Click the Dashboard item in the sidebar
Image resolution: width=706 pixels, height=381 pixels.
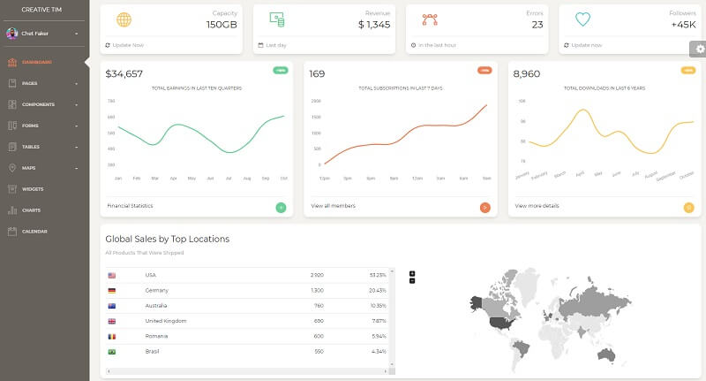[x=37, y=62]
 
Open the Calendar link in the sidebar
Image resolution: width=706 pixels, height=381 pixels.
[x=34, y=232]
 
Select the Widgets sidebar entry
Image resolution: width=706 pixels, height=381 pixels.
[x=33, y=189]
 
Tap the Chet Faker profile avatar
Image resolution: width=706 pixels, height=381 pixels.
[x=11, y=34]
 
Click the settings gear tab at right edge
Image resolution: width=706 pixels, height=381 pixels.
[x=697, y=49]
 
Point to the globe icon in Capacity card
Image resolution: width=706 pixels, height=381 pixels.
[x=124, y=19]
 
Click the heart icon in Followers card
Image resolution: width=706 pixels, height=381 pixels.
[x=582, y=19]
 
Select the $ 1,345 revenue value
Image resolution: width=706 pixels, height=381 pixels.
[x=374, y=25]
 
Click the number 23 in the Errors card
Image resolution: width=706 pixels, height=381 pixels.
[x=537, y=25]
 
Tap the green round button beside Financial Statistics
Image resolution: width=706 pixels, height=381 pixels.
[x=281, y=208]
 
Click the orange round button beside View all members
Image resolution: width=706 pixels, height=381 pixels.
[x=484, y=208]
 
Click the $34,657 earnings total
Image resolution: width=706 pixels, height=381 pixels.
[x=124, y=74]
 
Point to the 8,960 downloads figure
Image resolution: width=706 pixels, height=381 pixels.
[x=526, y=74]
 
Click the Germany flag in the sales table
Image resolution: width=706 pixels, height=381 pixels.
[x=111, y=290]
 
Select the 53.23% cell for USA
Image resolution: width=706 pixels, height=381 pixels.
[x=378, y=275]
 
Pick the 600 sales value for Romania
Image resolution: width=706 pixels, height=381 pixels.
[x=318, y=336]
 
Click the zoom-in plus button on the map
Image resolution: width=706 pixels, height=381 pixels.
[x=412, y=274]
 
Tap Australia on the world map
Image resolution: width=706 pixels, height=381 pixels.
[x=605, y=354]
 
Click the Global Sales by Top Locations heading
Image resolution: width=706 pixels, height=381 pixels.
[x=167, y=239]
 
